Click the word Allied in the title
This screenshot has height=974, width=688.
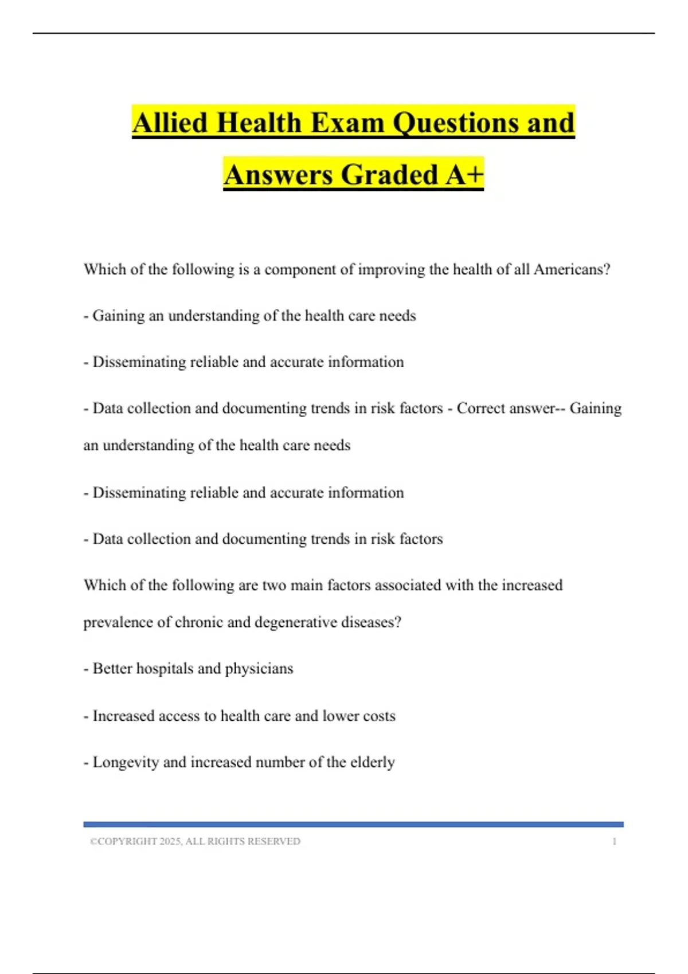pos(169,123)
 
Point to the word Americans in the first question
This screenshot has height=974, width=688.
pos(572,269)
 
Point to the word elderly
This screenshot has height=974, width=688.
pos(373,762)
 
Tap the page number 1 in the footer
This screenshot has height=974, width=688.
pos(615,842)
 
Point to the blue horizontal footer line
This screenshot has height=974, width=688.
pos(353,824)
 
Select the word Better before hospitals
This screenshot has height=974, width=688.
pos(112,669)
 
